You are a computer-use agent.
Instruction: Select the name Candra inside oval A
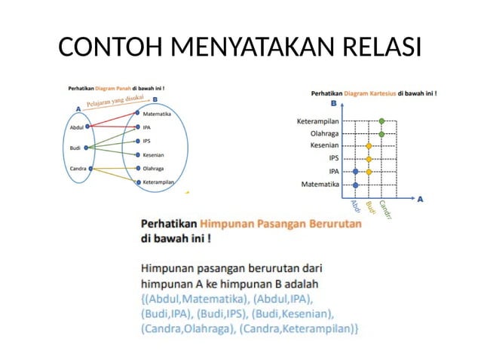(78, 168)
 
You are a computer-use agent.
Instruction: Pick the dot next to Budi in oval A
(87, 148)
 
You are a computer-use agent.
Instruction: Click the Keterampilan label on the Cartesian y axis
(318, 121)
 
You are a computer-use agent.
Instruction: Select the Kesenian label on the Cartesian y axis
(325, 146)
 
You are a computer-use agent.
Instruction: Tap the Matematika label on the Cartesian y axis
(320, 184)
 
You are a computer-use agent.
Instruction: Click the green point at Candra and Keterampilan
(382, 121)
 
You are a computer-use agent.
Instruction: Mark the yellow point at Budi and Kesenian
(369, 146)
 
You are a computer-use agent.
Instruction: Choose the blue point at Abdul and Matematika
(355, 184)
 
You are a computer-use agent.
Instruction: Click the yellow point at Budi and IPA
(369, 172)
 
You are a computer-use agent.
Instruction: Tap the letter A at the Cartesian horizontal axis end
(420, 200)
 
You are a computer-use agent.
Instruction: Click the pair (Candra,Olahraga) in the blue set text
(188, 328)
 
